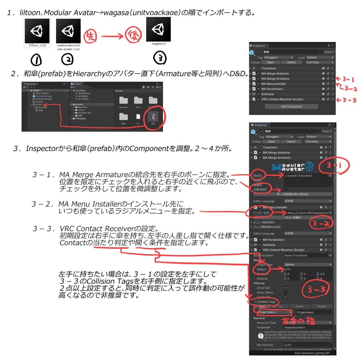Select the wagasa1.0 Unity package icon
[x=158, y=29]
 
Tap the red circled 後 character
[x=133, y=36]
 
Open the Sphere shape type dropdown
[x=308, y=264]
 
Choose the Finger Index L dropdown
[x=275, y=312]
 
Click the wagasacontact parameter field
[x=308, y=327]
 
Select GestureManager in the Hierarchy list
[x=44, y=96]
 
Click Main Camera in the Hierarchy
[x=42, y=93]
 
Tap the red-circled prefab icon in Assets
[x=153, y=116]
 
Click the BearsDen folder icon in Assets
[x=123, y=100]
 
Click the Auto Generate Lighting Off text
[x=311, y=353]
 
